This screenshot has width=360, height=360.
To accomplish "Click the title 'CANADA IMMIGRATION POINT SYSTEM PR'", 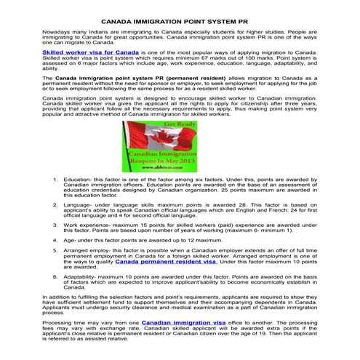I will tap(180, 23).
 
